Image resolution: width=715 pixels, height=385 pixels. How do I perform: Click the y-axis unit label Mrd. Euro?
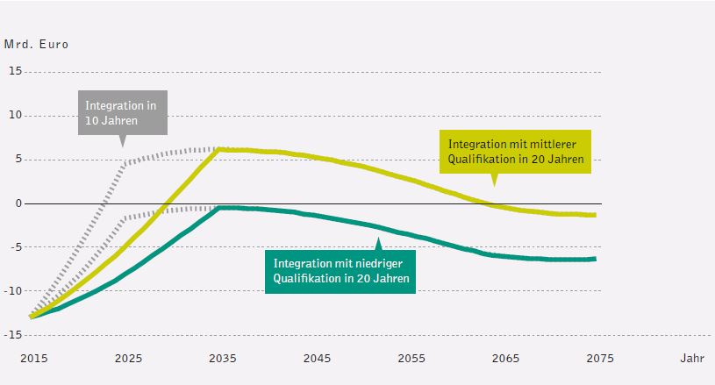pos(36,43)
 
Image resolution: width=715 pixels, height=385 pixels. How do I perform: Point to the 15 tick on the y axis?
pos(16,71)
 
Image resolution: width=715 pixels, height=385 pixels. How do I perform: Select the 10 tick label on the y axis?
pos(16,115)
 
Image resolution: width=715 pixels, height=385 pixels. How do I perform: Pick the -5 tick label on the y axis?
pos(16,246)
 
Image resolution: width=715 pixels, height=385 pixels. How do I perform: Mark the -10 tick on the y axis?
pos(14,290)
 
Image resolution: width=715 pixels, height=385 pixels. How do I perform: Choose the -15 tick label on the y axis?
pos(14,334)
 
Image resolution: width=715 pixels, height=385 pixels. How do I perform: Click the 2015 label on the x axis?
pos(33,358)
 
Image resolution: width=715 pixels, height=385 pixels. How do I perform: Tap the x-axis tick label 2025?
pos(128,358)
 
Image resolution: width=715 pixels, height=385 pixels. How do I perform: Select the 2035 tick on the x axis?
pos(222,358)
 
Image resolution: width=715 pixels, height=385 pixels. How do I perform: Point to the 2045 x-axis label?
pos(317,358)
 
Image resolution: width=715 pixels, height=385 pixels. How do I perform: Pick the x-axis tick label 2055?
pos(411,358)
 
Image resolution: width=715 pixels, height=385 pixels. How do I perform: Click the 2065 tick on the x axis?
pos(504,358)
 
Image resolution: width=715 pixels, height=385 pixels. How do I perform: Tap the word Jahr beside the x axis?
pos(690,358)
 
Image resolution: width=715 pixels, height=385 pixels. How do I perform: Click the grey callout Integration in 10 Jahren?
pos(122,112)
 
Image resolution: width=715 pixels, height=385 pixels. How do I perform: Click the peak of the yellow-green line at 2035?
pos(219,149)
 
